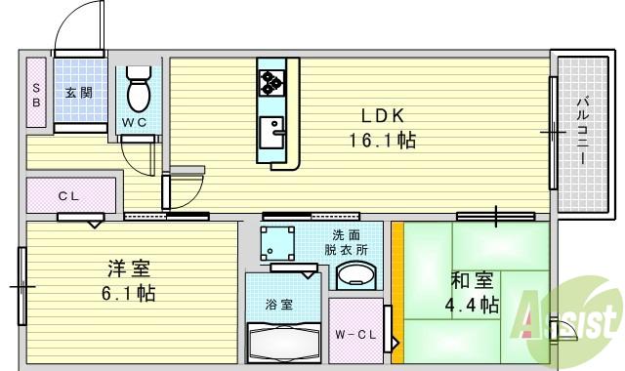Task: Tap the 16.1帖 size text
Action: (x=382, y=140)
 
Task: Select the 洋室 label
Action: (x=129, y=267)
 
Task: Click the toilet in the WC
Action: (x=138, y=91)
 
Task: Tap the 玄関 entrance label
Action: (x=79, y=94)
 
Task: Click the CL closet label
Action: (x=67, y=196)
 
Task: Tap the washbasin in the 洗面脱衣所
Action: (x=355, y=277)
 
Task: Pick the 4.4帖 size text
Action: (x=476, y=306)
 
